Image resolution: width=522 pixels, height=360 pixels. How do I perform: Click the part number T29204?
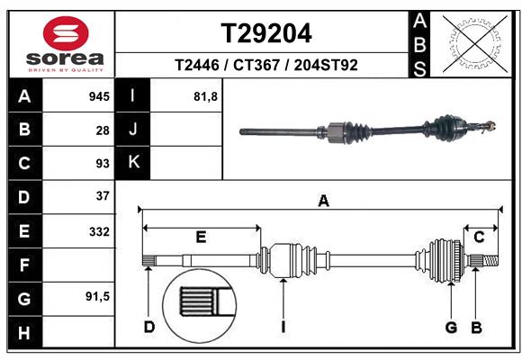(x=266, y=33)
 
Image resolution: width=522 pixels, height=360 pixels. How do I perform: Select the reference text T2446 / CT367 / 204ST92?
(x=266, y=66)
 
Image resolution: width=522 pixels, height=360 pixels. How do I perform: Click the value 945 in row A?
(x=99, y=96)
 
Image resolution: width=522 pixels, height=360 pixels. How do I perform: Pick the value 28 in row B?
(x=103, y=130)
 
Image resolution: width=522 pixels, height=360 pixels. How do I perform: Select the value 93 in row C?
(x=103, y=163)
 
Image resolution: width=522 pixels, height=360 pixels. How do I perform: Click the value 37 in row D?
(x=103, y=195)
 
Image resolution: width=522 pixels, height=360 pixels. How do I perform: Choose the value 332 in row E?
(x=99, y=231)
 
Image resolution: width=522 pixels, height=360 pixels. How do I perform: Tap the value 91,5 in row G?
(x=97, y=296)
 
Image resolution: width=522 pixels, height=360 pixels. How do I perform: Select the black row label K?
(x=133, y=163)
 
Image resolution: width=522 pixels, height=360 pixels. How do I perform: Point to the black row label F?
(x=24, y=265)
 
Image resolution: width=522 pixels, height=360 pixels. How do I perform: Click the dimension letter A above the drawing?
(x=323, y=202)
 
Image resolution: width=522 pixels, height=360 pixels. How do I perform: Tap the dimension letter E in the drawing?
(x=202, y=237)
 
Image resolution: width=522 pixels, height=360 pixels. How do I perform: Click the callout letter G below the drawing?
(x=452, y=327)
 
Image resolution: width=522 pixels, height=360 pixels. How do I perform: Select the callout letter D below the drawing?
(x=149, y=327)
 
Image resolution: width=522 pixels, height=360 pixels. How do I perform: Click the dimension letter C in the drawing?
(x=479, y=237)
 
